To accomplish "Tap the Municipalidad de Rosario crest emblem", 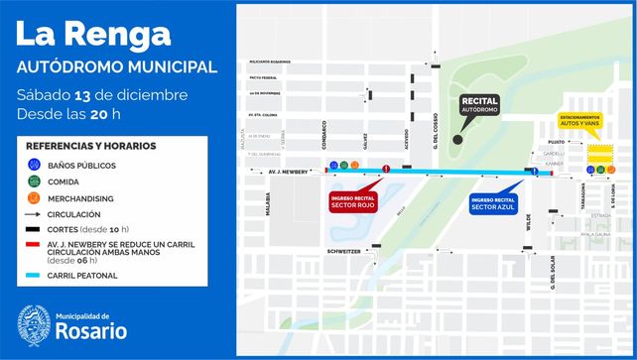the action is click(34, 324).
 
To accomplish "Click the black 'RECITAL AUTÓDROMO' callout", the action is click(480, 104).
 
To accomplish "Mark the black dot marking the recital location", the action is click(457, 140).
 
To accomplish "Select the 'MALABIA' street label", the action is click(267, 203).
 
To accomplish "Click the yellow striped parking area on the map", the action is click(599, 152).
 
